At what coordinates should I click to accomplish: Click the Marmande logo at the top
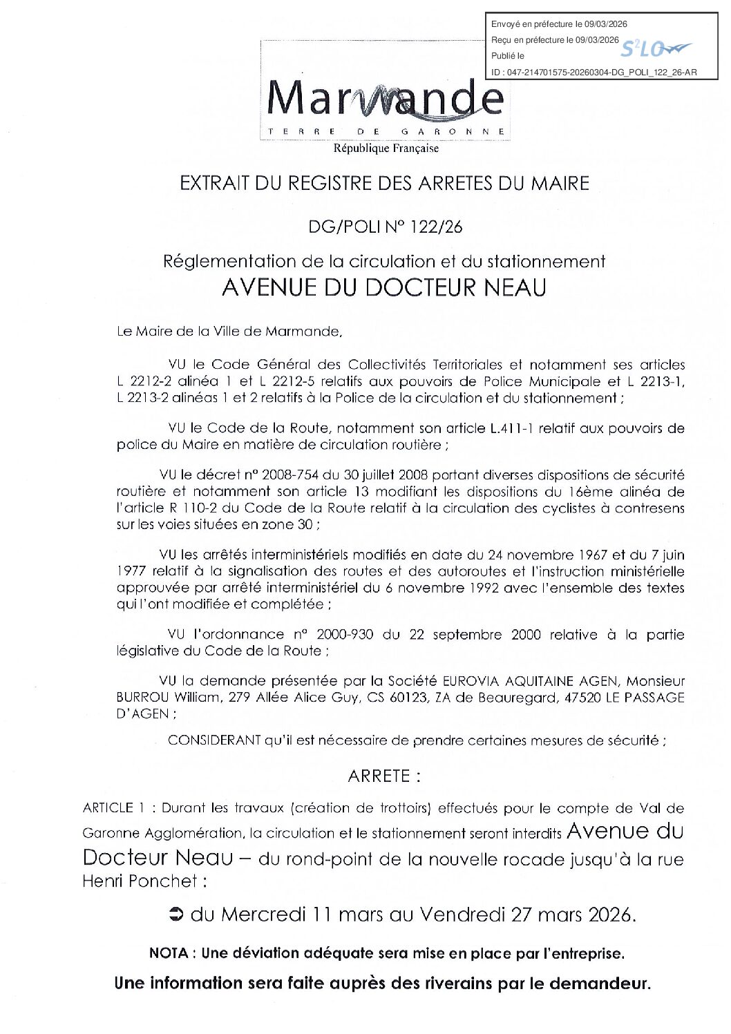(x=385, y=99)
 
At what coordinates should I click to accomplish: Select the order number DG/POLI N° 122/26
(x=385, y=227)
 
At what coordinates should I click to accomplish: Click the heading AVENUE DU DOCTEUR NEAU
(x=384, y=287)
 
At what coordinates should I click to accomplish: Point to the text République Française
(x=386, y=148)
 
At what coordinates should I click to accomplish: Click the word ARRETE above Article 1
(x=379, y=776)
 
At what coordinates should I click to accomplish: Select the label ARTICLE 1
(x=114, y=808)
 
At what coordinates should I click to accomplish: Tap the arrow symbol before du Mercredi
(x=175, y=915)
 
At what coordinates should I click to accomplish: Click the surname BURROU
(x=142, y=698)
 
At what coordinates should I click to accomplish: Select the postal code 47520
(x=582, y=698)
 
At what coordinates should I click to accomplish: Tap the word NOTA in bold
(x=169, y=953)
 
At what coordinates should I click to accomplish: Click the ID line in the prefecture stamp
(x=594, y=72)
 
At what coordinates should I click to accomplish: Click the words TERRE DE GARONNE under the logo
(x=386, y=131)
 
